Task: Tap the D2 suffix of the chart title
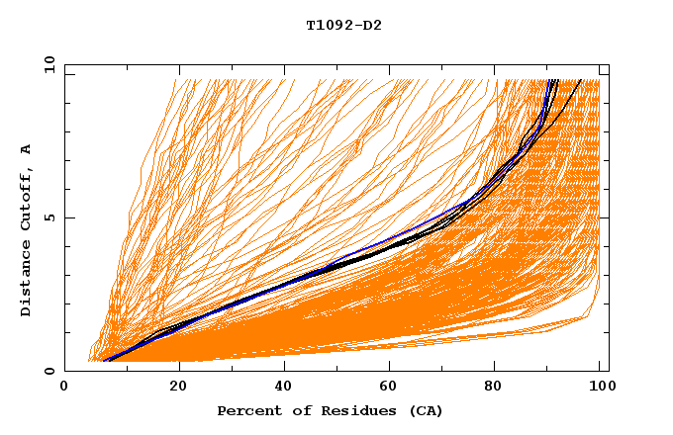[x=372, y=26]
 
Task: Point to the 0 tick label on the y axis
[x=48, y=371]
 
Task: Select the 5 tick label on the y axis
[x=48, y=217]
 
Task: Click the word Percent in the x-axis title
[x=245, y=410]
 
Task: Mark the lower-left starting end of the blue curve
[x=104, y=361]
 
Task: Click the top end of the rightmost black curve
[x=581, y=80]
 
